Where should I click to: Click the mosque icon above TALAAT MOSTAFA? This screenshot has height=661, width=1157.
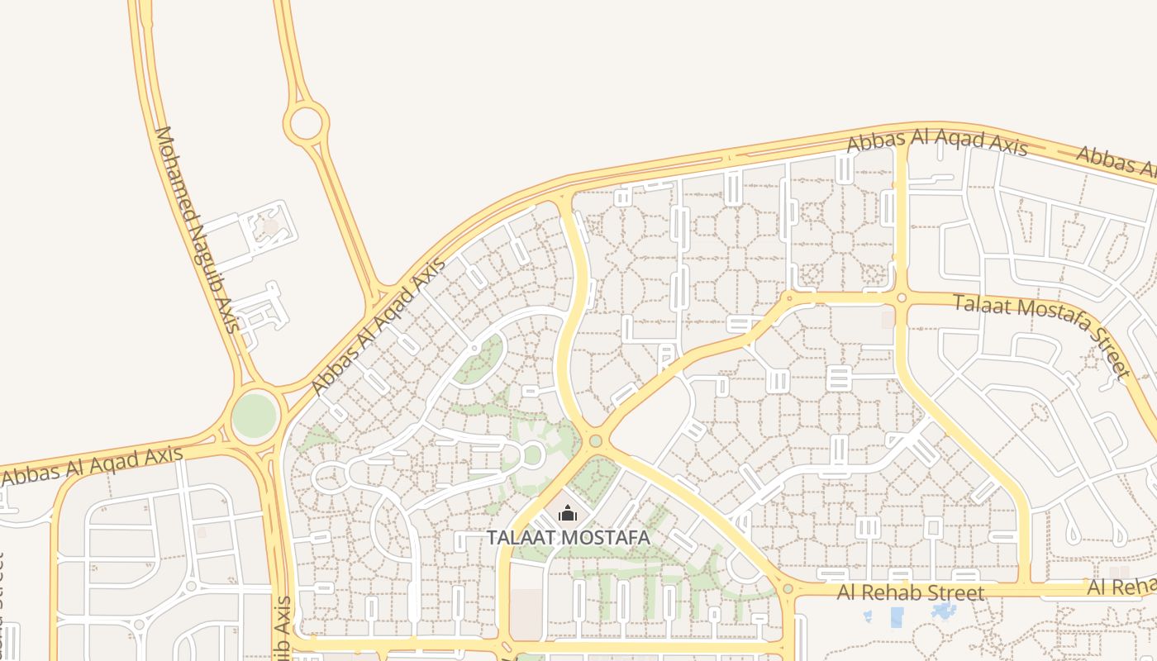point(567,515)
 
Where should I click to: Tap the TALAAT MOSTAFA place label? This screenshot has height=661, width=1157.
point(569,538)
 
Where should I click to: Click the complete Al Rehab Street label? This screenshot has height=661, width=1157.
point(911,592)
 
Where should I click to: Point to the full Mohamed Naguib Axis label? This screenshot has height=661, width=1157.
point(197,229)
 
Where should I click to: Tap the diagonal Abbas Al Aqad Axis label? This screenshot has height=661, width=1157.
point(377,327)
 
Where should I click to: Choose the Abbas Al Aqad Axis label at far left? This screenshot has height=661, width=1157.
point(92,466)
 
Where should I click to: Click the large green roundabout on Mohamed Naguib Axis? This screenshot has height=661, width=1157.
point(254,416)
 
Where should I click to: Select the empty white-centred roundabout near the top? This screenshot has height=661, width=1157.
point(306,123)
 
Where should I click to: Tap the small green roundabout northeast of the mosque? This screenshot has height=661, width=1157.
point(596,440)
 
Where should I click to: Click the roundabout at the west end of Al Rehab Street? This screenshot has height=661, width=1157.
point(788,589)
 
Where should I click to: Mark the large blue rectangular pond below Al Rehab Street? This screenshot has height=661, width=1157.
point(897,616)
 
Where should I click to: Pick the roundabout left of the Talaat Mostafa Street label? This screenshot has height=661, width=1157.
point(902,297)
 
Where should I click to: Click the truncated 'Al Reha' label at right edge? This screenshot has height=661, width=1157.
point(1121,587)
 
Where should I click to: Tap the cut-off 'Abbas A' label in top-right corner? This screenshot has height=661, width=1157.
point(1116,163)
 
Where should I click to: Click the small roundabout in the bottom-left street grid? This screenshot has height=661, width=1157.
point(191,586)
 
